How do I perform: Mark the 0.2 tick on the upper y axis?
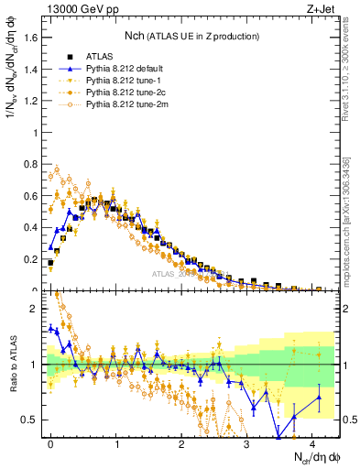click(x=32, y=258)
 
